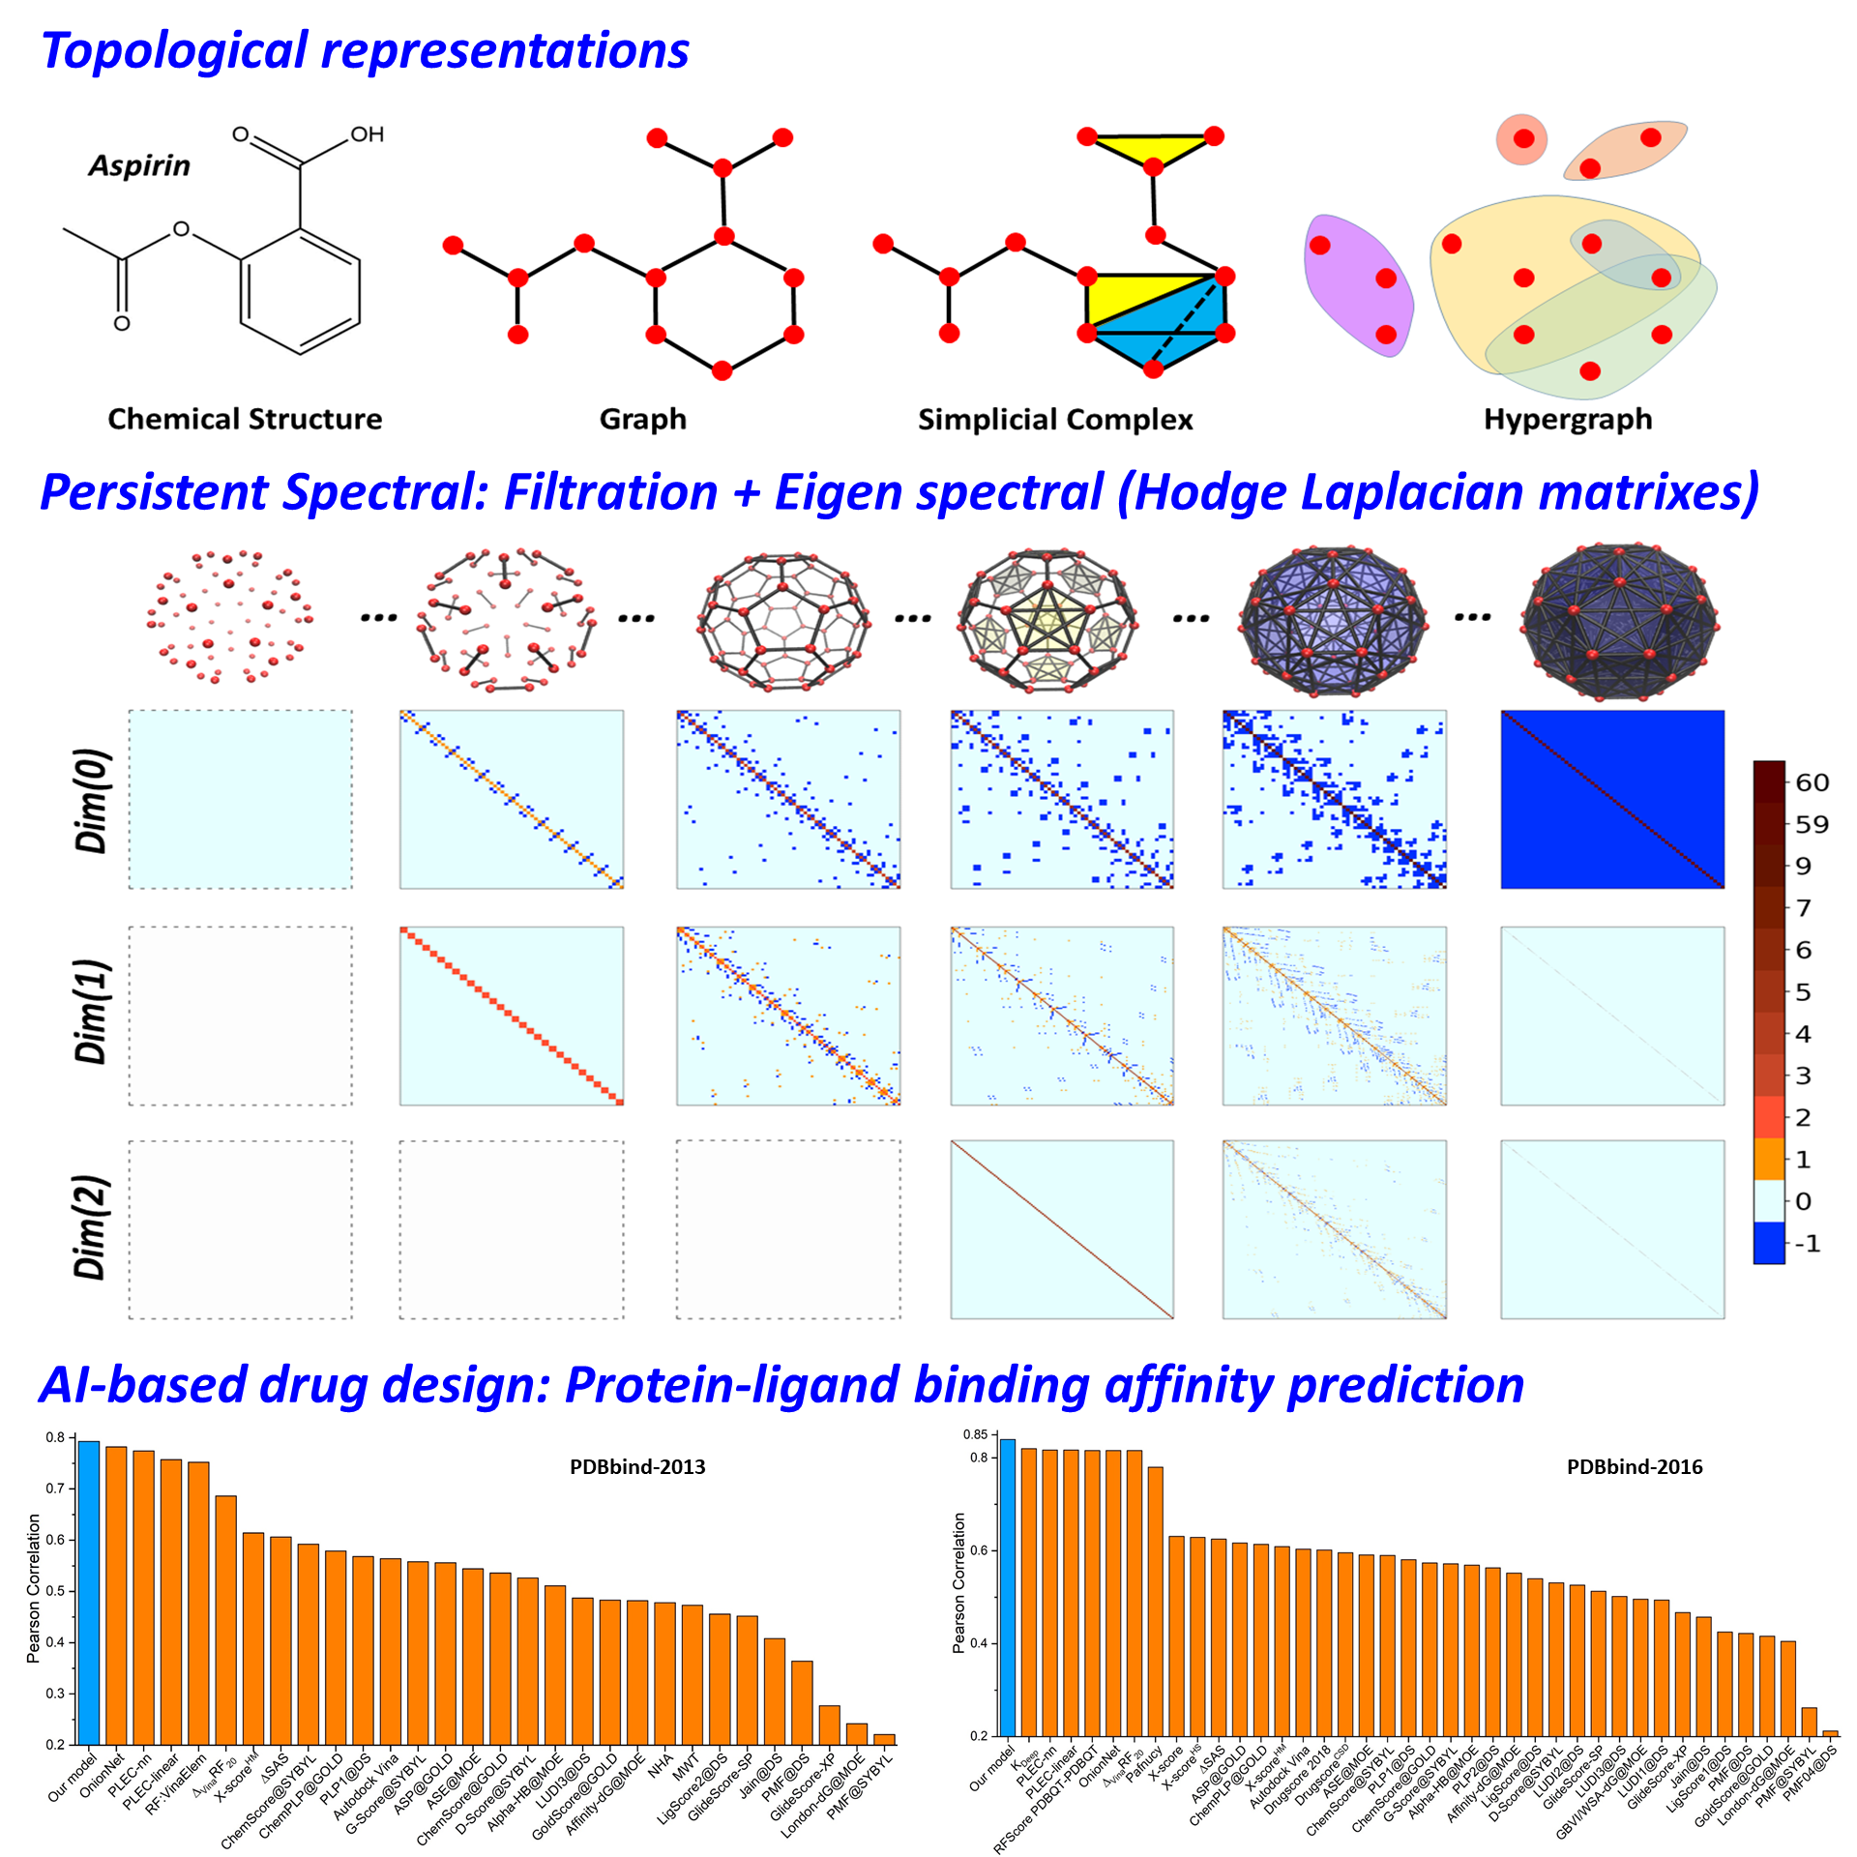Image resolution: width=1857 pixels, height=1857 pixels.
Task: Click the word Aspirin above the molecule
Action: pos(139,166)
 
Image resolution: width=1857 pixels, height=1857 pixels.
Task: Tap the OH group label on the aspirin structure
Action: pos(367,134)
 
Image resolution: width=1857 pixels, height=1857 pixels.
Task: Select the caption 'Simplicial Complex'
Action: pos(1055,420)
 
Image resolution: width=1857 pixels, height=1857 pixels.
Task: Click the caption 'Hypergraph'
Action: pos(1568,420)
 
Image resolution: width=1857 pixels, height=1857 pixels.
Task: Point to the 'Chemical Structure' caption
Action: pos(245,420)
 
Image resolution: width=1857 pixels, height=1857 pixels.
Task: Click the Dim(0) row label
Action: pos(93,800)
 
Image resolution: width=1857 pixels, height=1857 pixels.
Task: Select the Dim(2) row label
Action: pos(93,1227)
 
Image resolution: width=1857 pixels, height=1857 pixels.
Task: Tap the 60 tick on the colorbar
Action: pos(1812,782)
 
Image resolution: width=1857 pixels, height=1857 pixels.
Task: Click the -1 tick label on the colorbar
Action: pos(1807,1244)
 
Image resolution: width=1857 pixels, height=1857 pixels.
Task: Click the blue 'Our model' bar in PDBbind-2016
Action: pos(1007,1586)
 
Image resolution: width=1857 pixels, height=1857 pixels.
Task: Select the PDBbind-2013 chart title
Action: pos(637,1467)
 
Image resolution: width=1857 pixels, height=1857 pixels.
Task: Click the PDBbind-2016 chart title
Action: pos(1635,1467)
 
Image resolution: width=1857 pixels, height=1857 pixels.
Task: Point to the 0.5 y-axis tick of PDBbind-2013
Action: pos(55,1591)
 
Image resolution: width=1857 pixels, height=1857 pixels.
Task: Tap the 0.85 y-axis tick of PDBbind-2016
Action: pos(974,1434)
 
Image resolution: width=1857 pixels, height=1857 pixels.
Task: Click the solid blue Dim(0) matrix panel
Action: pos(1612,800)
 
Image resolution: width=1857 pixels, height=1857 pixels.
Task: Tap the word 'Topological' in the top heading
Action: pos(174,50)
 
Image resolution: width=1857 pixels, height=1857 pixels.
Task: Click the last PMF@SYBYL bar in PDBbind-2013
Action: pos(884,1739)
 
